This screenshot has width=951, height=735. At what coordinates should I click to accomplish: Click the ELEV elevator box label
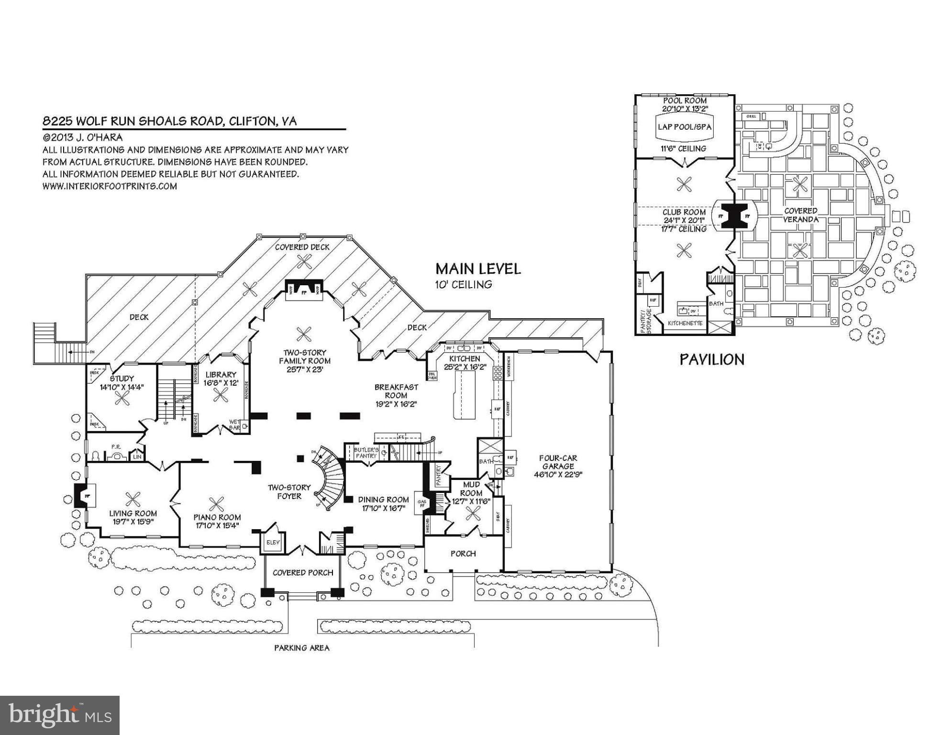273,543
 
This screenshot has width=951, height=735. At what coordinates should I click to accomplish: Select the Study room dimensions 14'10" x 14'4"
122,387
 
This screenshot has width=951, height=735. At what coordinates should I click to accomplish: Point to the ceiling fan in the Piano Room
216,504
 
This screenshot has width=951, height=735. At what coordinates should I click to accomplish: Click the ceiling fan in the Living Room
132,500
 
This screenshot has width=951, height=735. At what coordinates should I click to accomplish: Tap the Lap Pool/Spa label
685,127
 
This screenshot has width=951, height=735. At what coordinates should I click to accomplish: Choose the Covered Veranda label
801,215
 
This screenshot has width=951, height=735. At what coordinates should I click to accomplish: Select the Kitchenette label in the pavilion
685,323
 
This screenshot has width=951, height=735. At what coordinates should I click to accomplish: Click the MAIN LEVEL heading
477,268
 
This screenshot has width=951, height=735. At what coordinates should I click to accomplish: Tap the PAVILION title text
712,359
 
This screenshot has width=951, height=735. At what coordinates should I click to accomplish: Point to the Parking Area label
301,648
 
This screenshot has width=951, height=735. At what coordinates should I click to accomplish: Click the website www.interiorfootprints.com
110,186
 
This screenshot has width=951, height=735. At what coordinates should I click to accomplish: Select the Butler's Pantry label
366,453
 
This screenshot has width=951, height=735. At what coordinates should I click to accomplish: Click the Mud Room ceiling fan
473,513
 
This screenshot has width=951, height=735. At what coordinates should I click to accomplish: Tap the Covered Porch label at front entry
302,573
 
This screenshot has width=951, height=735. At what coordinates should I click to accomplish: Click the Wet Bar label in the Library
234,424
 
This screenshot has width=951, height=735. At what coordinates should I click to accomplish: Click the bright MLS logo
59,715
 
